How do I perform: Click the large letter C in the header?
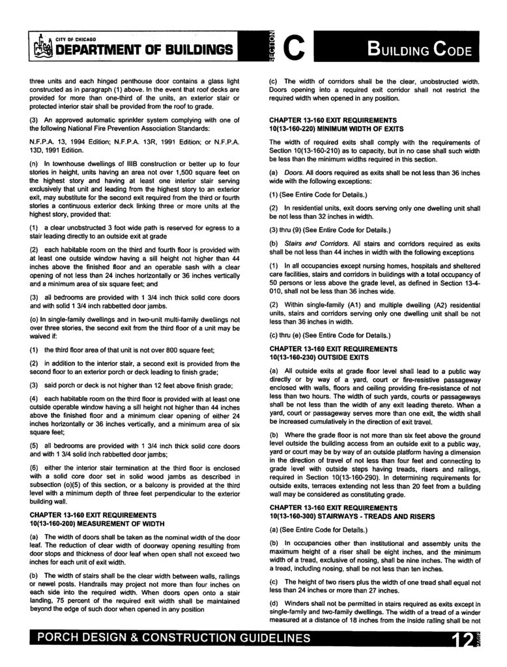pos(295,48)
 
